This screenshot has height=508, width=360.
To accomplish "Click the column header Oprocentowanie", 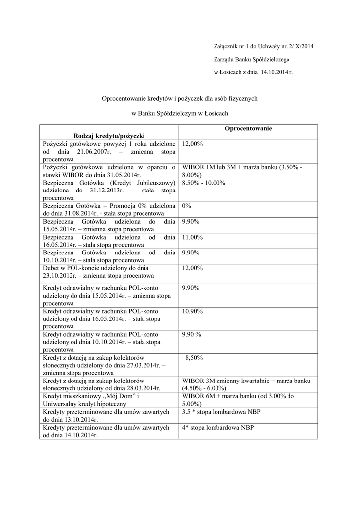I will [248, 129].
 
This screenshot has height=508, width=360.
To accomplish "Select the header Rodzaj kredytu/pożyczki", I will [109, 135].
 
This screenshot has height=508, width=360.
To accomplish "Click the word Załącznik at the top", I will [225, 46].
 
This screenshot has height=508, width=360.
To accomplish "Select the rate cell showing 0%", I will [187, 205].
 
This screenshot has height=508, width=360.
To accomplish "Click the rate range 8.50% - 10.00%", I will [204, 182].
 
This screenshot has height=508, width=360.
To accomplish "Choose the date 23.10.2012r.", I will [61, 276].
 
